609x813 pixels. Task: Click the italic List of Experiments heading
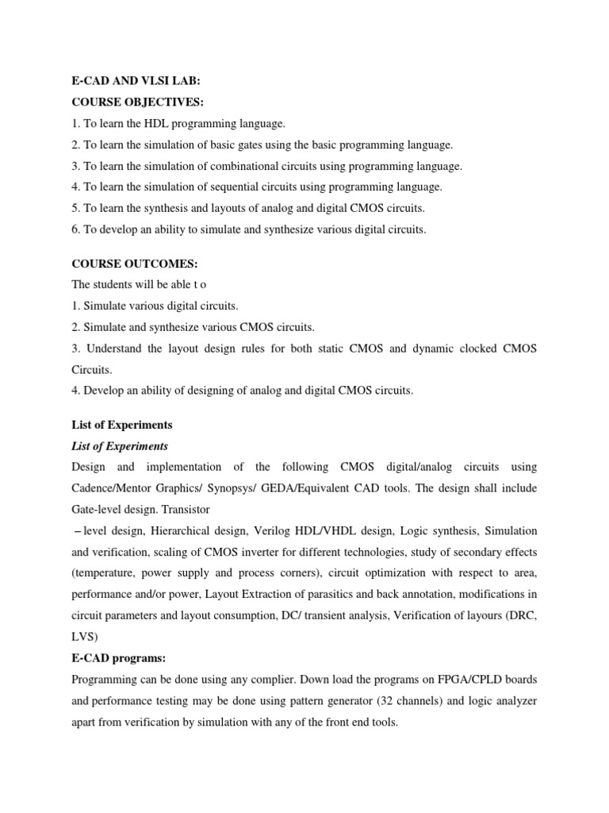point(119,446)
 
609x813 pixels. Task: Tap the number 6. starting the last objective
point(76,229)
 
